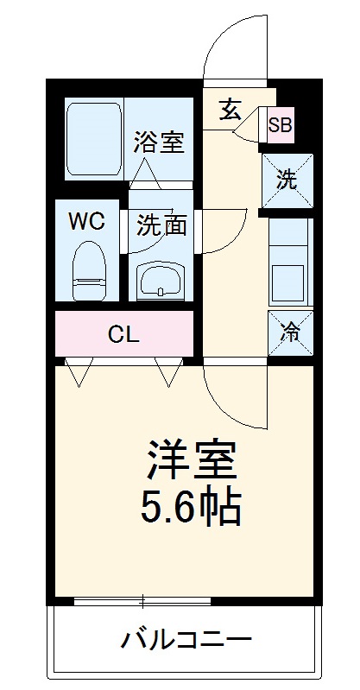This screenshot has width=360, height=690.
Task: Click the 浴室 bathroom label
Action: (x=159, y=142)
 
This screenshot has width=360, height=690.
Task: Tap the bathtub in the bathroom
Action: (x=95, y=138)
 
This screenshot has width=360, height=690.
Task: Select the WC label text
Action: (x=86, y=221)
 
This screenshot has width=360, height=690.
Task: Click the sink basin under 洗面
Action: (x=161, y=279)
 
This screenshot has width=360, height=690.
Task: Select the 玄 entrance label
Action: (x=229, y=110)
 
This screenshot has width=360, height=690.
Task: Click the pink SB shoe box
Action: (x=280, y=126)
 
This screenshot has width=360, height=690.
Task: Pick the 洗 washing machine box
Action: (x=288, y=181)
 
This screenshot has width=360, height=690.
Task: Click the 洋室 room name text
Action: (x=191, y=459)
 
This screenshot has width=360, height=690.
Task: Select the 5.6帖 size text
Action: (x=191, y=509)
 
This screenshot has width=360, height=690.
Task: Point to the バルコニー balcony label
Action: (x=186, y=641)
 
